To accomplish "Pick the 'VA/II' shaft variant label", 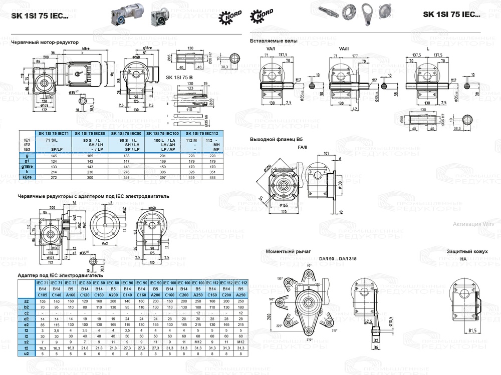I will pos(344,49).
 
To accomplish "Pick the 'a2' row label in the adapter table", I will pos(26,301).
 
